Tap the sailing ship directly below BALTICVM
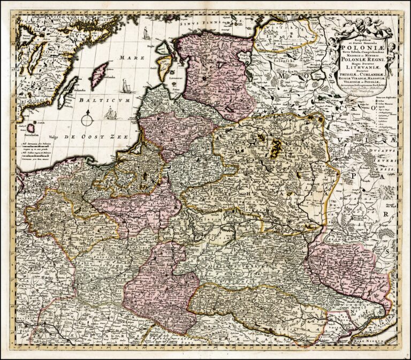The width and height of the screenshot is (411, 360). pos(111,113)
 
